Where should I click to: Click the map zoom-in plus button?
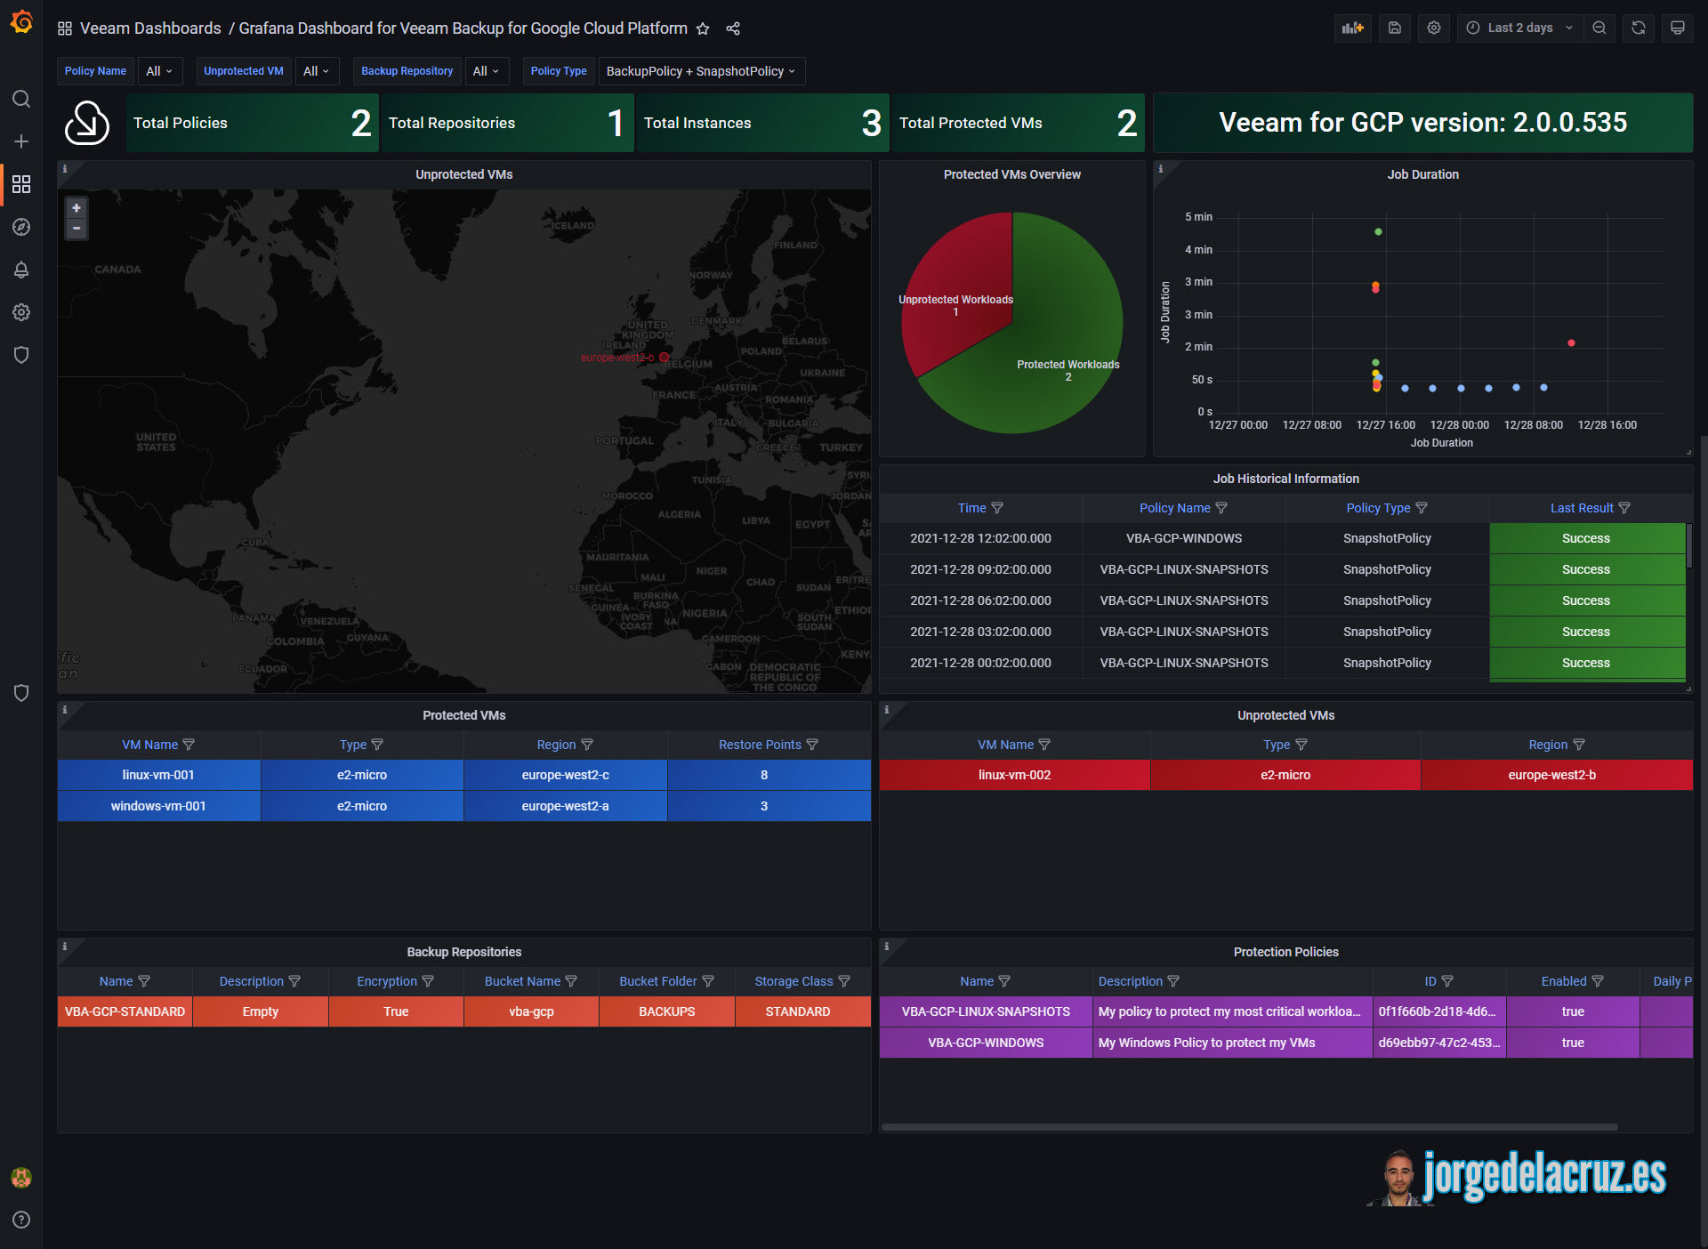click(x=77, y=208)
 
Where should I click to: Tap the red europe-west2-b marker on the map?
click(x=664, y=358)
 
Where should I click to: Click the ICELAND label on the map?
click(x=572, y=225)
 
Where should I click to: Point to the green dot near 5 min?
click(x=1378, y=232)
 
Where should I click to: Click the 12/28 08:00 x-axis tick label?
click(x=1533, y=425)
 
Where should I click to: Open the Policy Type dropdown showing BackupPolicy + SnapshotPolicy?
click(x=701, y=71)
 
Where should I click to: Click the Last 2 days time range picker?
click(x=1520, y=28)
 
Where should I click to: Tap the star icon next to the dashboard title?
click(x=703, y=28)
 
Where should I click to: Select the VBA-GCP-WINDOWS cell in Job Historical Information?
click(x=1183, y=538)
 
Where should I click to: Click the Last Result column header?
click(x=1581, y=508)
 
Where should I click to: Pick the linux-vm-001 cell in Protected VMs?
click(x=158, y=775)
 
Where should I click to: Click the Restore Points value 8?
click(x=764, y=775)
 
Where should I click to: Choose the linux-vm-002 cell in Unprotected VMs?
click(x=1014, y=775)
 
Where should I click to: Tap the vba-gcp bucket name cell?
click(x=531, y=1011)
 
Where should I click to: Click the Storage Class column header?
click(x=794, y=981)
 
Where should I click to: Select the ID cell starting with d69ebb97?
click(x=1438, y=1043)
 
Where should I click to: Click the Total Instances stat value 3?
click(x=871, y=123)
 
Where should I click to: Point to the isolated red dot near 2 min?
click(x=1571, y=343)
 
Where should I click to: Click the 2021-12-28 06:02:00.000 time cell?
click(x=980, y=600)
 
